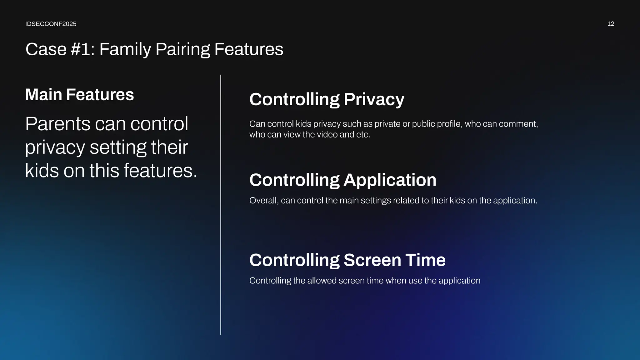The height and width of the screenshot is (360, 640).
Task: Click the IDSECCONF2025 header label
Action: (51, 24)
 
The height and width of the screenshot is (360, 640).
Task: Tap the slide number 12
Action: (611, 24)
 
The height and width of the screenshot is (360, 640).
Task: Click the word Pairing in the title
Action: (182, 49)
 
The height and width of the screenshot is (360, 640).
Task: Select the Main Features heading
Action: (79, 95)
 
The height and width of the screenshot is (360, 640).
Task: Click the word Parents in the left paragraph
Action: (57, 124)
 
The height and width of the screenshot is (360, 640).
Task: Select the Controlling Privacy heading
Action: (327, 99)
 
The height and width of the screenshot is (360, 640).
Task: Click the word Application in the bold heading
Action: (390, 180)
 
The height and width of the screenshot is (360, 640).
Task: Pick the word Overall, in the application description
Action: (264, 201)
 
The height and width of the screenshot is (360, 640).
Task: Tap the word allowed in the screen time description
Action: (322, 281)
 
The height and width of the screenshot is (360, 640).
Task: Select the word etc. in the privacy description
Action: (363, 135)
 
